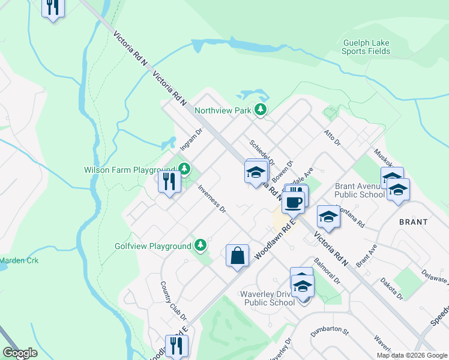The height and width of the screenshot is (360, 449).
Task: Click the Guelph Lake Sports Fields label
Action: [x=366, y=47]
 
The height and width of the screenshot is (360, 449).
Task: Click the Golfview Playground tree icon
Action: [x=200, y=245]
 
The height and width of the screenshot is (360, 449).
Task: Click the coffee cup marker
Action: [x=294, y=202]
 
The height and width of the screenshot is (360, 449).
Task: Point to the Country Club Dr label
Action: [x=173, y=300]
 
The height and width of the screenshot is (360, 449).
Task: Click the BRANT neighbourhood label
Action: [x=413, y=221]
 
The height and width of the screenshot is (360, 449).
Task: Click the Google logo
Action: [x=20, y=353]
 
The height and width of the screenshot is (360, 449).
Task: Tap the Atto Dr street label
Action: [x=332, y=138]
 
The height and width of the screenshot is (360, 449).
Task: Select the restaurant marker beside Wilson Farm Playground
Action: [x=169, y=181]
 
